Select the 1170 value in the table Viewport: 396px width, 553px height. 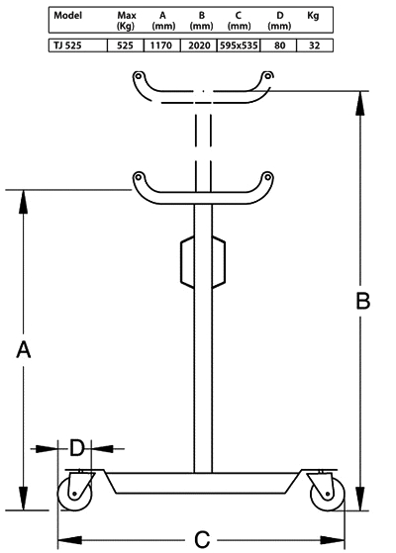[161, 46]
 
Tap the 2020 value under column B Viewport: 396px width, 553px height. [199, 46]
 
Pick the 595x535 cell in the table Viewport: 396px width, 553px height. [239, 46]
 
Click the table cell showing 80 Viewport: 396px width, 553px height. [279, 46]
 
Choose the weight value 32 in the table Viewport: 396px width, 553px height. [314, 46]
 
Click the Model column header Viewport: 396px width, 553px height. [67, 15]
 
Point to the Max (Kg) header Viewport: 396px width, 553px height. [127, 21]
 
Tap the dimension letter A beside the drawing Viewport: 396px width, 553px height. [24, 349]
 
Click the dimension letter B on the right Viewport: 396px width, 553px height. [362, 301]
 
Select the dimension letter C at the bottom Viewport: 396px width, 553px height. [202, 539]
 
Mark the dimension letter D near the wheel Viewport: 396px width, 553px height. [77, 448]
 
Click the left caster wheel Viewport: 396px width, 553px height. [75, 494]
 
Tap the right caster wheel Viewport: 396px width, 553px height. [328, 494]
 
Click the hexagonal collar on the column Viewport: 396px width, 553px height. [203, 262]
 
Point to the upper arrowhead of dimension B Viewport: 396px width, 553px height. [360, 103]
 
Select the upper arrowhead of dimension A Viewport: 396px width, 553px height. [24, 202]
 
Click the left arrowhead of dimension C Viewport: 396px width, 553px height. [70, 540]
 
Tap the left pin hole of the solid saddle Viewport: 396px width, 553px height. [139, 176]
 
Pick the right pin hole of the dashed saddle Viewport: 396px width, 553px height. [268, 76]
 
